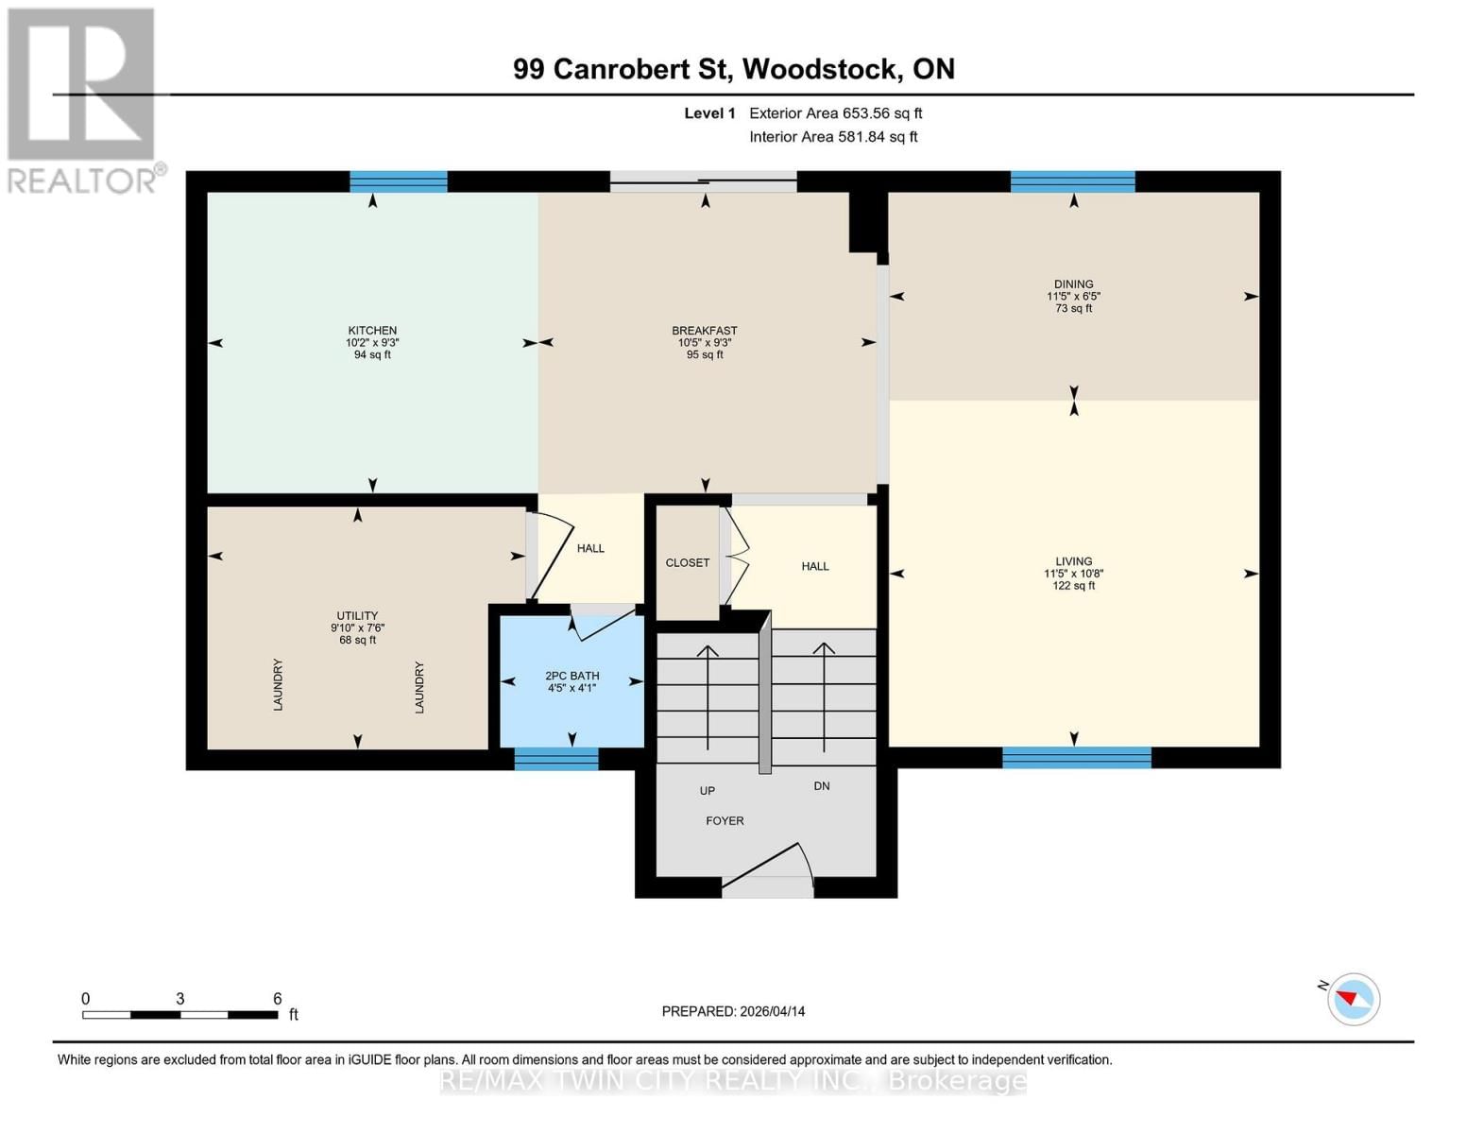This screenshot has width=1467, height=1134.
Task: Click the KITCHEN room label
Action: click(372, 331)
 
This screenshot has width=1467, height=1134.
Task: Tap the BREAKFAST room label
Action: click(705, 331)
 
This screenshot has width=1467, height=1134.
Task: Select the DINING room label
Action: click(1073, 284)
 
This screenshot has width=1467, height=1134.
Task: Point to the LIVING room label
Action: click(1073, 561)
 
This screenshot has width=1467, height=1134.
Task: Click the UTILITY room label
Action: click(357, 616)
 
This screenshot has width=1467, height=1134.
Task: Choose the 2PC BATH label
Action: click(571, 676)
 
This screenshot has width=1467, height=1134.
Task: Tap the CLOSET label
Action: click(687, 563)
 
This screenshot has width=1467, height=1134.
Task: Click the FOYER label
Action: click(725, 821)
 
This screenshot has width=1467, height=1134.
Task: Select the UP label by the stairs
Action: click(707, 791)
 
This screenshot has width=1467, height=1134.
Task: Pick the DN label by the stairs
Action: click(822, 786)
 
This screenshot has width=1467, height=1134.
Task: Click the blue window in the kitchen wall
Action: click(398, 181)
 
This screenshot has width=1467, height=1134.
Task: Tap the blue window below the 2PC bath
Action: click(555, 759)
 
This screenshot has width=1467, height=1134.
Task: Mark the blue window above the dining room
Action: click(1072, 181)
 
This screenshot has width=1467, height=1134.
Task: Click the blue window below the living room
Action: click(1076, 758)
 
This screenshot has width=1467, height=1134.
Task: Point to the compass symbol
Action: click(1353, 999)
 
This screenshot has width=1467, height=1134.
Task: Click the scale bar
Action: click(179, 1015)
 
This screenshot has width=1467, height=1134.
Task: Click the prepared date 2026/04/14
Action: click(733, 1011)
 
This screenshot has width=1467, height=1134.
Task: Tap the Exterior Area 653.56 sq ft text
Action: click(835, 113)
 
